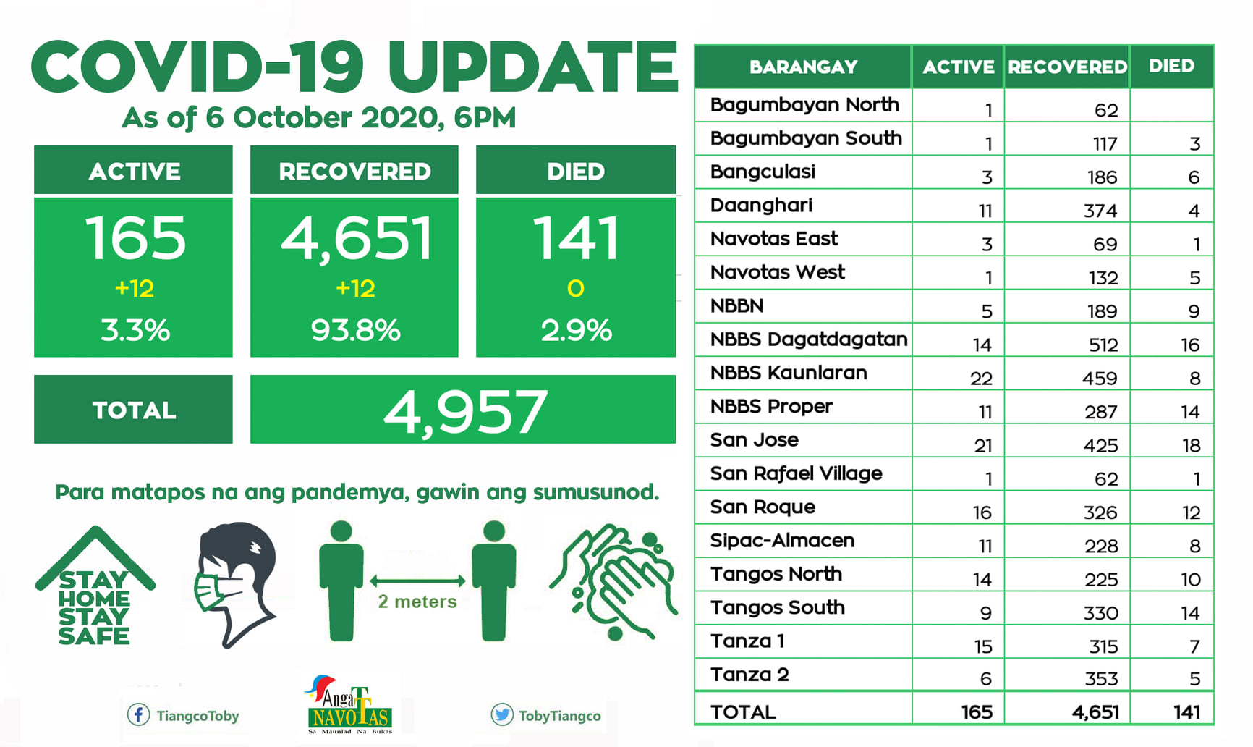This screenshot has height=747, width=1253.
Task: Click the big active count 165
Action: point(135,238)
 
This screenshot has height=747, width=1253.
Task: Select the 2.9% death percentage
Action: point(576,331)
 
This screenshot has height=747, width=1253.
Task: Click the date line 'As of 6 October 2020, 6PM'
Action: point(319,118)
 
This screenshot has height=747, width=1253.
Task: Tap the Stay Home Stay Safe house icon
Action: point(95,586)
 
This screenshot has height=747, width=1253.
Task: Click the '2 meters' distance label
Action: point(417,602)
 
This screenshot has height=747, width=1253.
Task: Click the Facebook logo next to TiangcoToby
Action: point(138,715)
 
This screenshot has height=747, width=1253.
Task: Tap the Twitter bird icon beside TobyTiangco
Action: point(501,715)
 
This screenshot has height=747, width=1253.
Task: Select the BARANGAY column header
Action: point(803,67)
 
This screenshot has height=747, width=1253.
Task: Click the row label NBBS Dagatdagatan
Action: point(809,339)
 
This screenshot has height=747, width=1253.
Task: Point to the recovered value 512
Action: point(1103,345)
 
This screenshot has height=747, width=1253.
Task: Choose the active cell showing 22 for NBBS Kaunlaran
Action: point(982,379)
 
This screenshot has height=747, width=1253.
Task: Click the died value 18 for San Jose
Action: point(1191,446)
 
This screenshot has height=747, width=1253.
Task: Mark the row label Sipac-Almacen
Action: point(782,541)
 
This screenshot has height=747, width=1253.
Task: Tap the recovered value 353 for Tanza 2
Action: point(1101,679)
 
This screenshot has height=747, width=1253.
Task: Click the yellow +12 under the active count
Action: point(135,289)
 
